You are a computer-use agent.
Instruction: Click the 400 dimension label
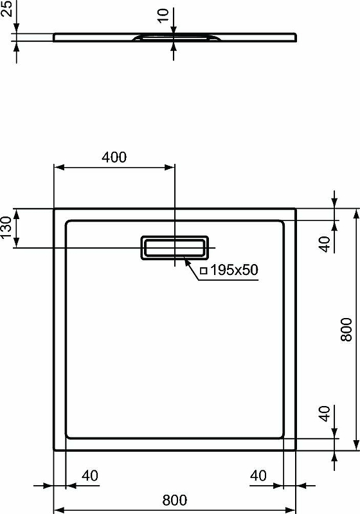click(x=114, y=157)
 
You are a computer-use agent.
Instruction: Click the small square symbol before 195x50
click(x=203, y=271)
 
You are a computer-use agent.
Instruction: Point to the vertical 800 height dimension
click(x=346, y=329)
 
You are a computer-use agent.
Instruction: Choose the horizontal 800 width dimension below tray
click(x=174, y=499)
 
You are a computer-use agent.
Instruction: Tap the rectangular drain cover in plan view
click(x=174, y=247)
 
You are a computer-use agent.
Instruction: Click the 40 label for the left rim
click(x=89, y=476)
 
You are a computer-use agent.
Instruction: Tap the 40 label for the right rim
click(x=258, y=476)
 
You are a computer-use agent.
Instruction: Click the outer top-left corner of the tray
click(x=53, y=208)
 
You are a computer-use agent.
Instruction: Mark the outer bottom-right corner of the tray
click(x=296, y=450)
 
